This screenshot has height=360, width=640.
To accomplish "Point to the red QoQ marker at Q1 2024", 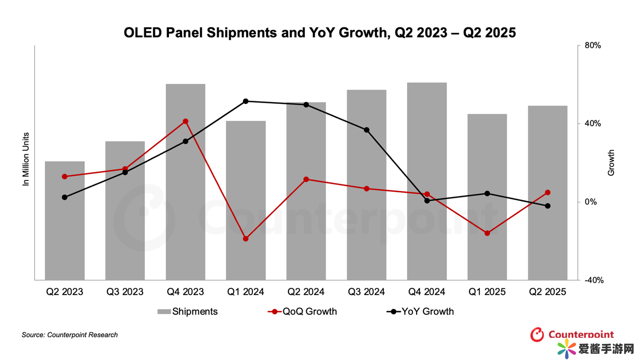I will pos(246,239).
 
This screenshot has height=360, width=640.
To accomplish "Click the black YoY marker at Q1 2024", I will pos(246,101).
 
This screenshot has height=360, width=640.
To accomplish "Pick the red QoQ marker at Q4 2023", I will pos(185,121).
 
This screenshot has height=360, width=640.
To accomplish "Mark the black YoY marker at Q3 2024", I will pos(367,130).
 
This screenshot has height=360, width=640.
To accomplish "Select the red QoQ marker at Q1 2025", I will pos(487,233).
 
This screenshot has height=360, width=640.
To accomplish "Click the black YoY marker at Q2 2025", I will pos(548,206).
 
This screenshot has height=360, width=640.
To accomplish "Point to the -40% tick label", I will pos(594,280).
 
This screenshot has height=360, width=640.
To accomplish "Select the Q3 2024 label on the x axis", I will pos(367,292).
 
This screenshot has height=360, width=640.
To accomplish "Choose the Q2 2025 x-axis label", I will pos(548,292).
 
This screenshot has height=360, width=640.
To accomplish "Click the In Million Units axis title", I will pos(26,159).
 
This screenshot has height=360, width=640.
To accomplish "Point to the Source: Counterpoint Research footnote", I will pos(70,335).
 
